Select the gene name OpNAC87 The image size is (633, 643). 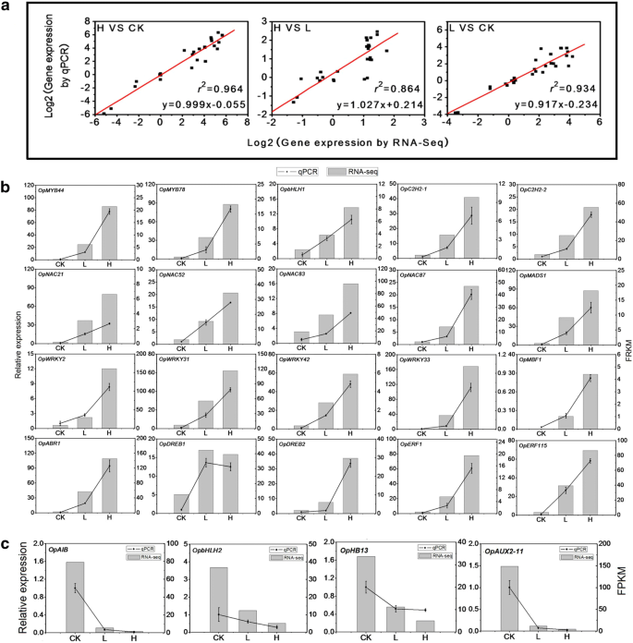[x=420, y=274]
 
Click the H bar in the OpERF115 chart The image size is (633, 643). [x=590, y=481]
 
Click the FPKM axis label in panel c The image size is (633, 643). [x=620, y=586]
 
